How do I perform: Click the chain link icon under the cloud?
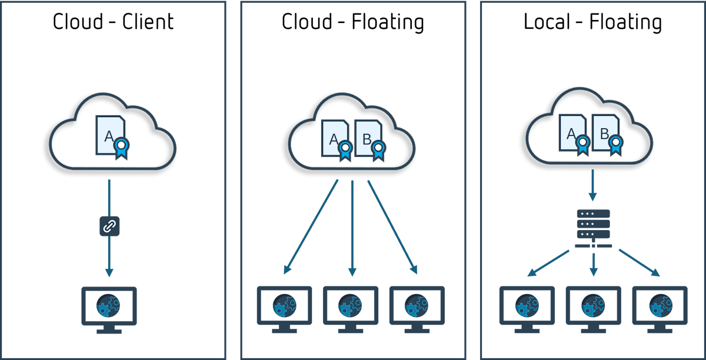point(109,226)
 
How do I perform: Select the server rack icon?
point(594,228)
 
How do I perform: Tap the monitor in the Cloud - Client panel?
point(109,309)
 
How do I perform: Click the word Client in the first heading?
point(148,22)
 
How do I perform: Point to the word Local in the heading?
point(547,22)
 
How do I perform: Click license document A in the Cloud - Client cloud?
point(112,138)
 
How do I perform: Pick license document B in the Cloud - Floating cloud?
point(370,141)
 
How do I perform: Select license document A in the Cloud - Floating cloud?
point(337,141)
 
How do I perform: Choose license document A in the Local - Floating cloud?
point(575,135)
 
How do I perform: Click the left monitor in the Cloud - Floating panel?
point(285,309)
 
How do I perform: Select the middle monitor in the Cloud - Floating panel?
point(351,309)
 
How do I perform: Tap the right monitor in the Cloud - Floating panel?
point(417,309)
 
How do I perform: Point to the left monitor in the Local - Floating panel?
point(527,309)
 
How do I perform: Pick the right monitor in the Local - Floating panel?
point(660,309)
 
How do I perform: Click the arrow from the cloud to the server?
point(593,185)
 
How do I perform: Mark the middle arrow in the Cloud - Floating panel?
point(352,228)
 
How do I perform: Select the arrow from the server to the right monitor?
point(640,263)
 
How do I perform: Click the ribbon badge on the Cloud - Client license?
point(122,148)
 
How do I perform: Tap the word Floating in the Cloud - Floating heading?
point(388,22)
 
